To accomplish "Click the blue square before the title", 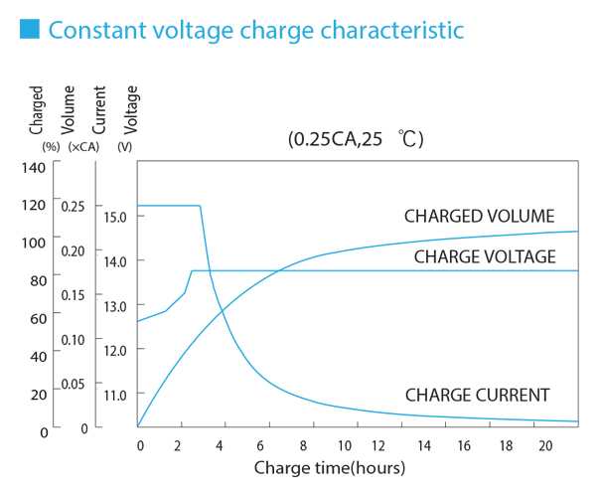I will click(x=29, y=30).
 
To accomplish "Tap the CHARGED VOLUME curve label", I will click(x=479, y=217).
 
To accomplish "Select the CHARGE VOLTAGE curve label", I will click(x=484, y=256).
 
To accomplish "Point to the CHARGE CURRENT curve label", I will click(x=477, y=395).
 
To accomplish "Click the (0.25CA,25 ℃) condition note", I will click(x=356, y=139).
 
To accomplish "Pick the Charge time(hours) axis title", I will click(x=330, y=466).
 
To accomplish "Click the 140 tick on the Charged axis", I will click(x=34, y=167).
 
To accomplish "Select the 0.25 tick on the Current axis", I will click(x=74, y=206).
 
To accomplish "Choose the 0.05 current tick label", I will click(x=74, y=384).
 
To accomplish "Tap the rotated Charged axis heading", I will click(x=37, y=110).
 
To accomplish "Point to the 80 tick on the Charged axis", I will click(x=37, y=280).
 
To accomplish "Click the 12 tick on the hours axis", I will click(x=381, y=445).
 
